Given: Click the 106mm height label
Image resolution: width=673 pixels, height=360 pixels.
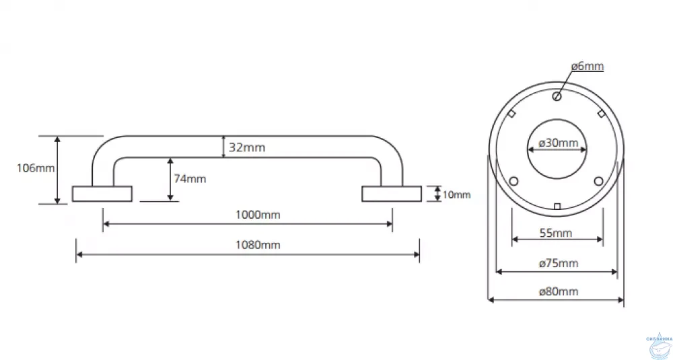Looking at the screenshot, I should click(36, 168).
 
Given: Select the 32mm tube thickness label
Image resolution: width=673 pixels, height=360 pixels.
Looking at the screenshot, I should click(247, 147).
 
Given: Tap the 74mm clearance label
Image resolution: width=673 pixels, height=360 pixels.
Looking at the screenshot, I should click(190, 178).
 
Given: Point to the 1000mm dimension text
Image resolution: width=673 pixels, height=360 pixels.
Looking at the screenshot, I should click(258, 215).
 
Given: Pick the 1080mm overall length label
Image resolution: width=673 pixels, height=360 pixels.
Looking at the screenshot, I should click(258, 245).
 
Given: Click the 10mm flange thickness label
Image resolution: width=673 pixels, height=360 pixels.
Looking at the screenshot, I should click(457, 195).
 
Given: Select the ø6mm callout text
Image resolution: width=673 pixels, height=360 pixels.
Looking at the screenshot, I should click(588, 66).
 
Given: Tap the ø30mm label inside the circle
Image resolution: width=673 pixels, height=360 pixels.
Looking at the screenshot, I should click(558, 143).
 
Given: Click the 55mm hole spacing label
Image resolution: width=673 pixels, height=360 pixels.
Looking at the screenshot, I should click(557, 233).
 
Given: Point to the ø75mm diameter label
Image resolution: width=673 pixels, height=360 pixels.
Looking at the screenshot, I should click(558, 262).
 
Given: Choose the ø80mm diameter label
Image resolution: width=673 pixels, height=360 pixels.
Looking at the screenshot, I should click(558, 291).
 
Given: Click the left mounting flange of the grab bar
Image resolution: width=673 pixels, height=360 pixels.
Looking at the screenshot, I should click(102, 193).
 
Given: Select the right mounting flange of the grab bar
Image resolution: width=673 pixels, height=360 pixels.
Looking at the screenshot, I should click(392, 193).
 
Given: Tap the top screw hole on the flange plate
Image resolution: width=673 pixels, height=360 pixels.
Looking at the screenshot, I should click(557, 96).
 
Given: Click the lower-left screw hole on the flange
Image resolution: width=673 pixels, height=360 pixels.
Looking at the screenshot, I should click(514, 181).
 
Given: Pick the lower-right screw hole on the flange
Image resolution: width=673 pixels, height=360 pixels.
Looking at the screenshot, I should click(599, 181).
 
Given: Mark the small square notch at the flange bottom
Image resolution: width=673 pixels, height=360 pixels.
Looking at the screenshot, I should click(557, 206).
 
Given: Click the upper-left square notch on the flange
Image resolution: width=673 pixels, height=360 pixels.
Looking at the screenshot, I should click(511, 114).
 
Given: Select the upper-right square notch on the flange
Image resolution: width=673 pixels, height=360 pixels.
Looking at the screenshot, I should click(601, 114).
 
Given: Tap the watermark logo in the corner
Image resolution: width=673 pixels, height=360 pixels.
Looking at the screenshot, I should click(658, 345).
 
